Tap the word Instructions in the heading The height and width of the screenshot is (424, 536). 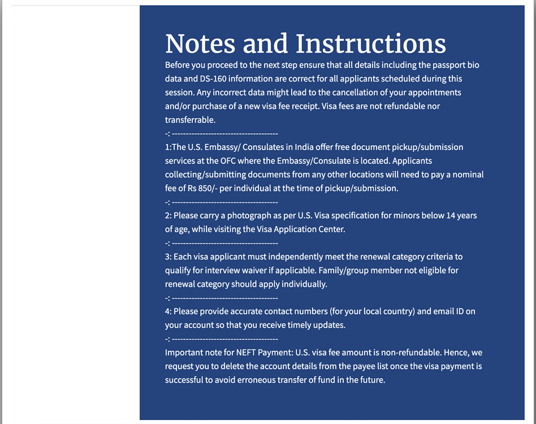point(371,44)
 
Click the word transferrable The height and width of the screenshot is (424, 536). point(190,120)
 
